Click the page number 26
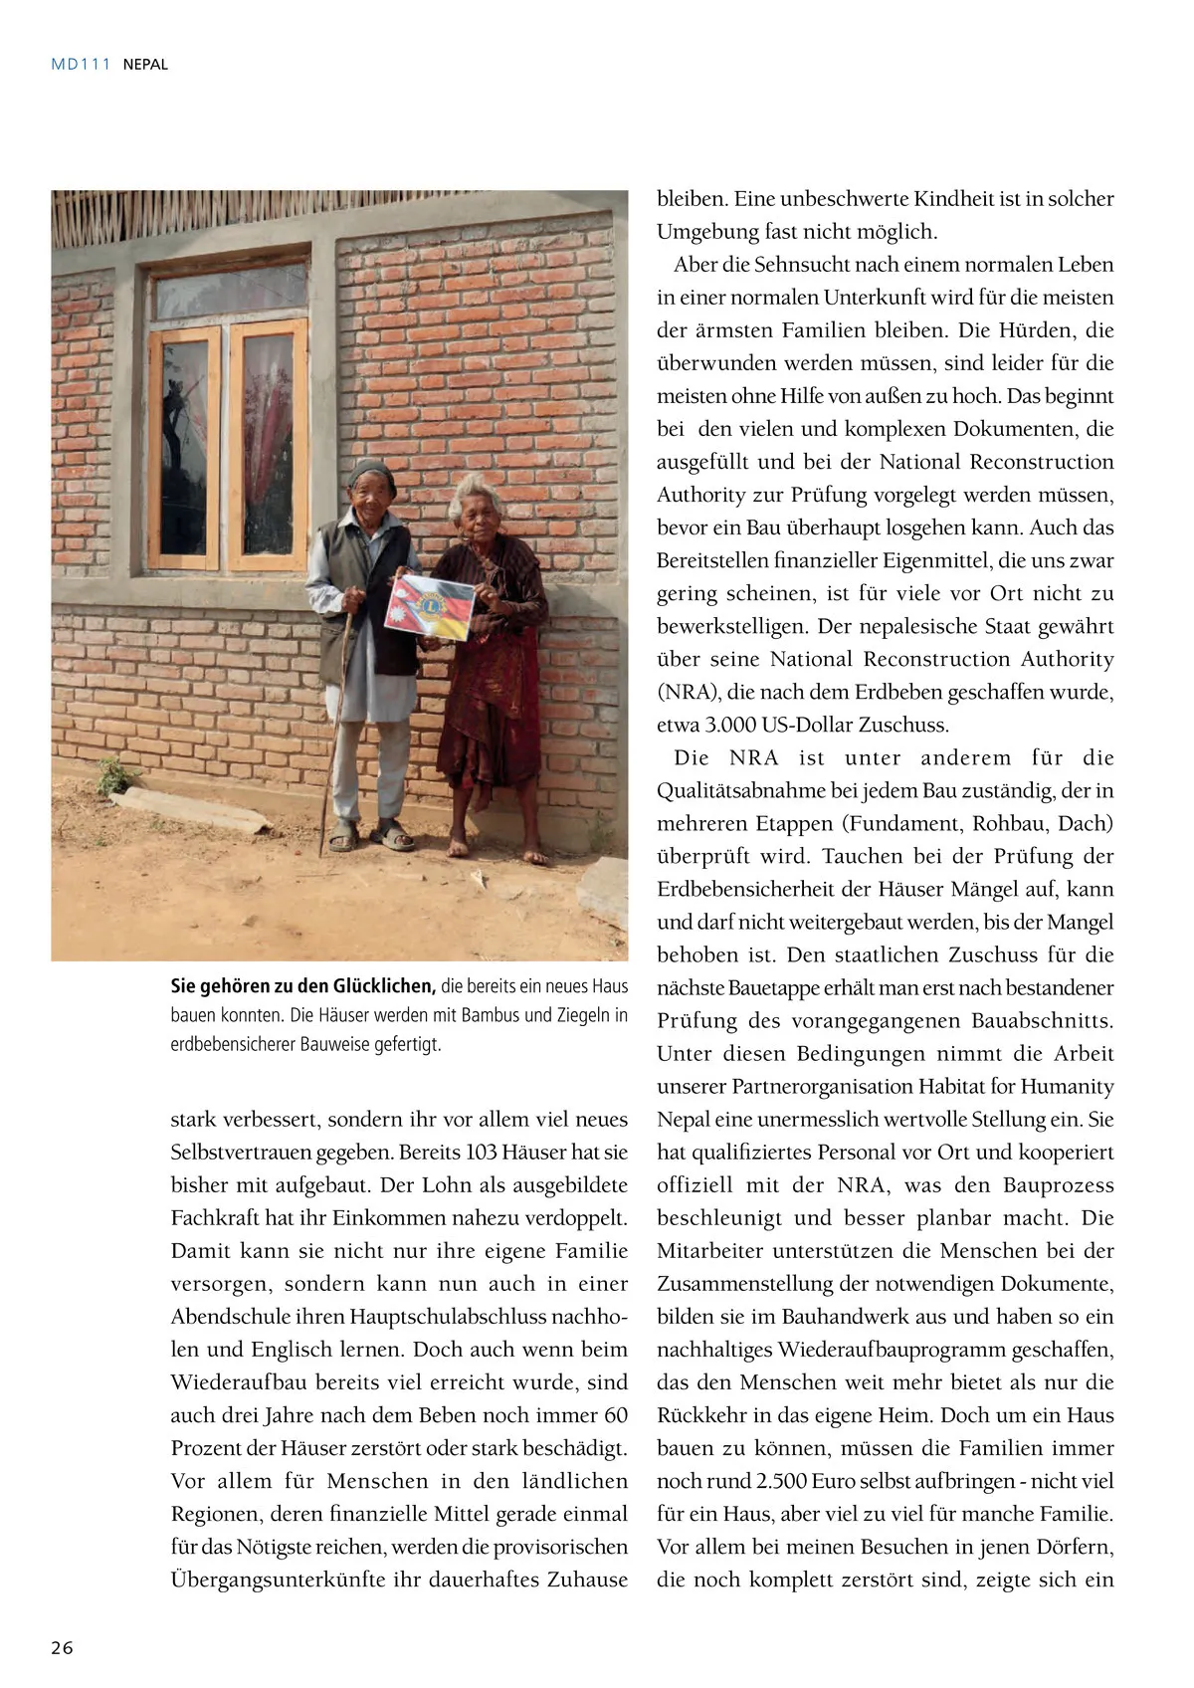[x=63, y=1647]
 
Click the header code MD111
[x=81, y=65]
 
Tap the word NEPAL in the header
[x=145, y=65]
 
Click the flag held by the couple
[x=430, y=607]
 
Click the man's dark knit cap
[x=370, y=473]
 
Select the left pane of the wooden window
[x=185, y=447]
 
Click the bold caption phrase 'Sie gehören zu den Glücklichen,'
[x=302, y=986]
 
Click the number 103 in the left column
[x=481, y=1153]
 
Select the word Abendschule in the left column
[x=230, y=1317]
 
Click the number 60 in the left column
[x=616, y=1415]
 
